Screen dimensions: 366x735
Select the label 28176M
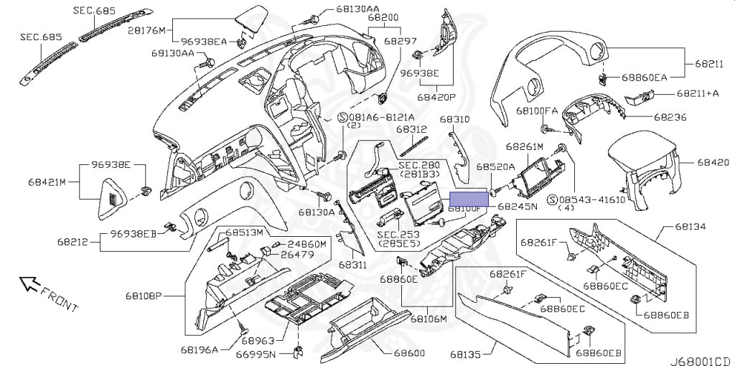147,30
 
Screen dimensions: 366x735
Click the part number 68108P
161,295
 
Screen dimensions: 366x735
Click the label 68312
413,130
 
